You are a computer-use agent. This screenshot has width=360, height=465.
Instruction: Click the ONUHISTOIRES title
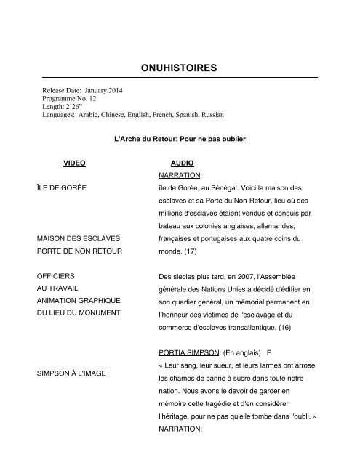tap(180, 67)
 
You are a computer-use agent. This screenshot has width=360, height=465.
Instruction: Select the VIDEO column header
tap(74, 165)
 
